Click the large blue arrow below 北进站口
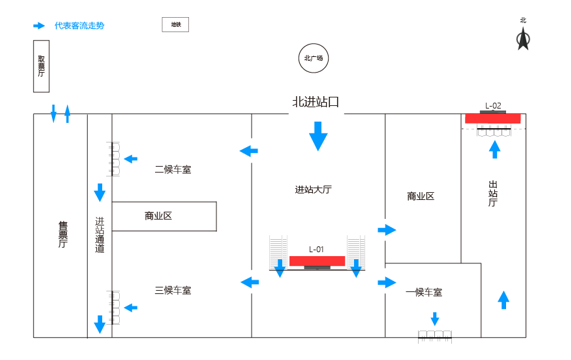click(x=318, y=135)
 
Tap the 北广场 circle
click(x=313, y=58)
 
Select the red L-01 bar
click(x=317, y=261)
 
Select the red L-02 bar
click(x=492, y=118)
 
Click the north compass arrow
click(x=521, y=38)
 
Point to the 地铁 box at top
click(x=175, y=24)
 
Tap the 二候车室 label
click(x=172, y=170)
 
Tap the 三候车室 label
click(x=172, y=290)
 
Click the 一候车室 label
click(x=424, y=293)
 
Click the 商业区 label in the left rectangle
click(x=158, y=216)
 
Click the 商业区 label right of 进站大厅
click(x=420, y=196)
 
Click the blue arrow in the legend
click(x=38, y=25)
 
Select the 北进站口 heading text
click(x=316, y=102)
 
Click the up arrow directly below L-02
click(x=493, y=149)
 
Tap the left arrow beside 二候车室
click(x=247, y=152)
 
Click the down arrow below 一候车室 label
click(x=435, y=319)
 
